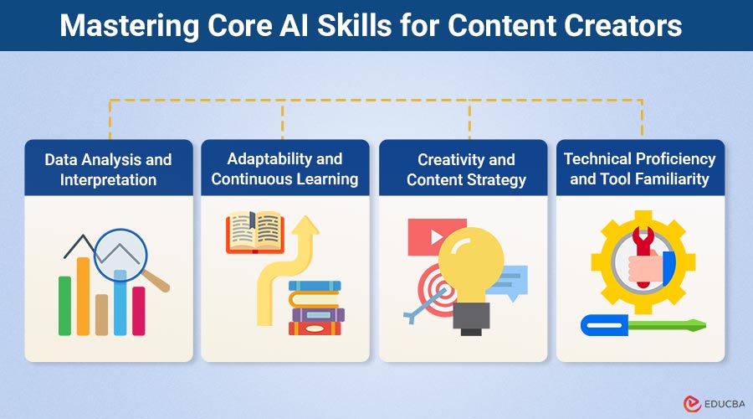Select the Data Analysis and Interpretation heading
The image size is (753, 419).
(x=108, y=168)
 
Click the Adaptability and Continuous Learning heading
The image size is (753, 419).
(x=284, y=168)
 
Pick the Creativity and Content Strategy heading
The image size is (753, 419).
(x=466, y=168)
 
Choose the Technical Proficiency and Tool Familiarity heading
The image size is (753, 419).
(x=640, y=168)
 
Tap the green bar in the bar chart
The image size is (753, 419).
(x=64, y=305)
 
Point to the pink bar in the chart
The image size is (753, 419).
(x=138, y=311)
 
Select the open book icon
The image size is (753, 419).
(x=254, y=233)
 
